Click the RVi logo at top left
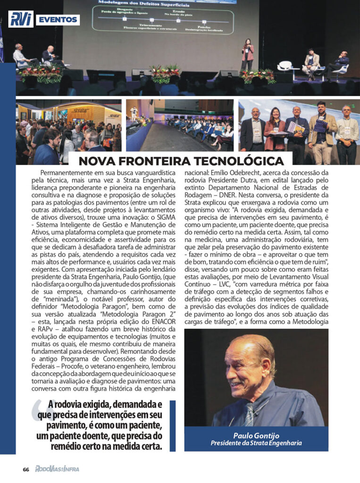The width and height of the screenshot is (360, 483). point(21,19)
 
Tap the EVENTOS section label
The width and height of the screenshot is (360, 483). point(57,20)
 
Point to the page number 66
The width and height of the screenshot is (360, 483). point(26,469)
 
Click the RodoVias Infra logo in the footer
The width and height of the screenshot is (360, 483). point(57,469)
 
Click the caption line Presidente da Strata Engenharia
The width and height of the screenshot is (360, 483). point(256,443)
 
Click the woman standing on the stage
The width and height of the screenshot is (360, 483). point(247,54)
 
